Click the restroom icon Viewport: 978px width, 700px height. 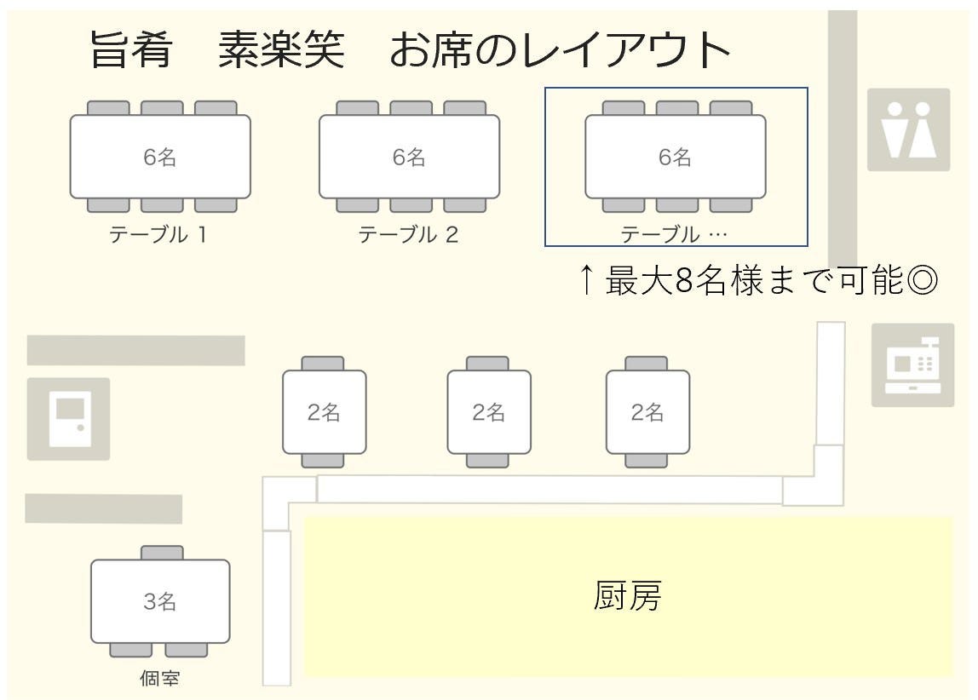pyautogui.click(x=908, y=129)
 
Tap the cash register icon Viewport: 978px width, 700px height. pyautogui.click(x=912, y=364)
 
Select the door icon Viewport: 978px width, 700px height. pyautogui.click(x=68, y=418)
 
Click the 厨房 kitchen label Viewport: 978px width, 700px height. pyautogui.click(x=627, y=596)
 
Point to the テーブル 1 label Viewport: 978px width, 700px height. pyautogui.click(x=158, y=234)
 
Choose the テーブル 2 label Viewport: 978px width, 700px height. pyautogui.click(x=408, y=234)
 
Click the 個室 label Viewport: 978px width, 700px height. pyautogui.click(x=159, y=678)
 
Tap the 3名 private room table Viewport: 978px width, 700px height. pyautogui.click(x=160, y=601)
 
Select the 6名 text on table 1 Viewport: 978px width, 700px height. pyautogui.click(x=160, y=157)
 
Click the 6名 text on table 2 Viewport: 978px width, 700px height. pyautogui.click(x=409, y=157)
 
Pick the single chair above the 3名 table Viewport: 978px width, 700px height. pyautogui.click(x=162, y=553)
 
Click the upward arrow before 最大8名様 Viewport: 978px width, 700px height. pyautogui.click(x=586, y=280)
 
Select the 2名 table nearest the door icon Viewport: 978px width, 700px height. pyautogui.click(x=325, y=412)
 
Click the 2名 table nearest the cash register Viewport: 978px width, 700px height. pyautogui.click(x=647, y=412)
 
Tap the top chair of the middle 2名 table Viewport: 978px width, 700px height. pyautogui.click(x=488, y=364)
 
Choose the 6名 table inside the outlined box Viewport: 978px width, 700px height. pyautogui.click(x=675, y=157)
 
